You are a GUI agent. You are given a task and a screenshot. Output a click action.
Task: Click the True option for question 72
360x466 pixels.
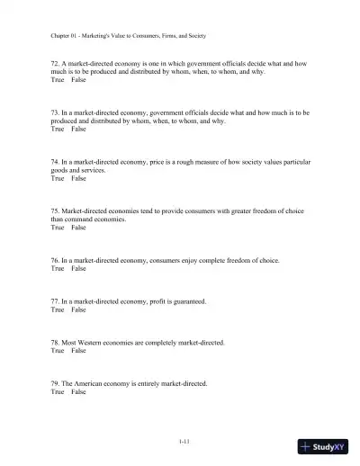tap(58, 80)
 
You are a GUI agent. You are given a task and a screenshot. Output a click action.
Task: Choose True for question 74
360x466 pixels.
tap(58, 178)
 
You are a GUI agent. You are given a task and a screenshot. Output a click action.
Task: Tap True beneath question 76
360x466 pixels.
tap(58, 268)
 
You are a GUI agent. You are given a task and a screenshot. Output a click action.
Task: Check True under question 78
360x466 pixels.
tap(58, 351)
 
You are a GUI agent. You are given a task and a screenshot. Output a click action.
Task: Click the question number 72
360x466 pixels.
tap(55, 64)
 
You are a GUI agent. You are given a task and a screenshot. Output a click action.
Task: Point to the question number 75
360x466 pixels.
tap(55, 211)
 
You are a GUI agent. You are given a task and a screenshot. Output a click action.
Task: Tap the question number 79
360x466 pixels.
tap(55, 383)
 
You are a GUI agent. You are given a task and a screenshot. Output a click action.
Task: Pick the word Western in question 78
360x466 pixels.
tap(94, 343)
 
